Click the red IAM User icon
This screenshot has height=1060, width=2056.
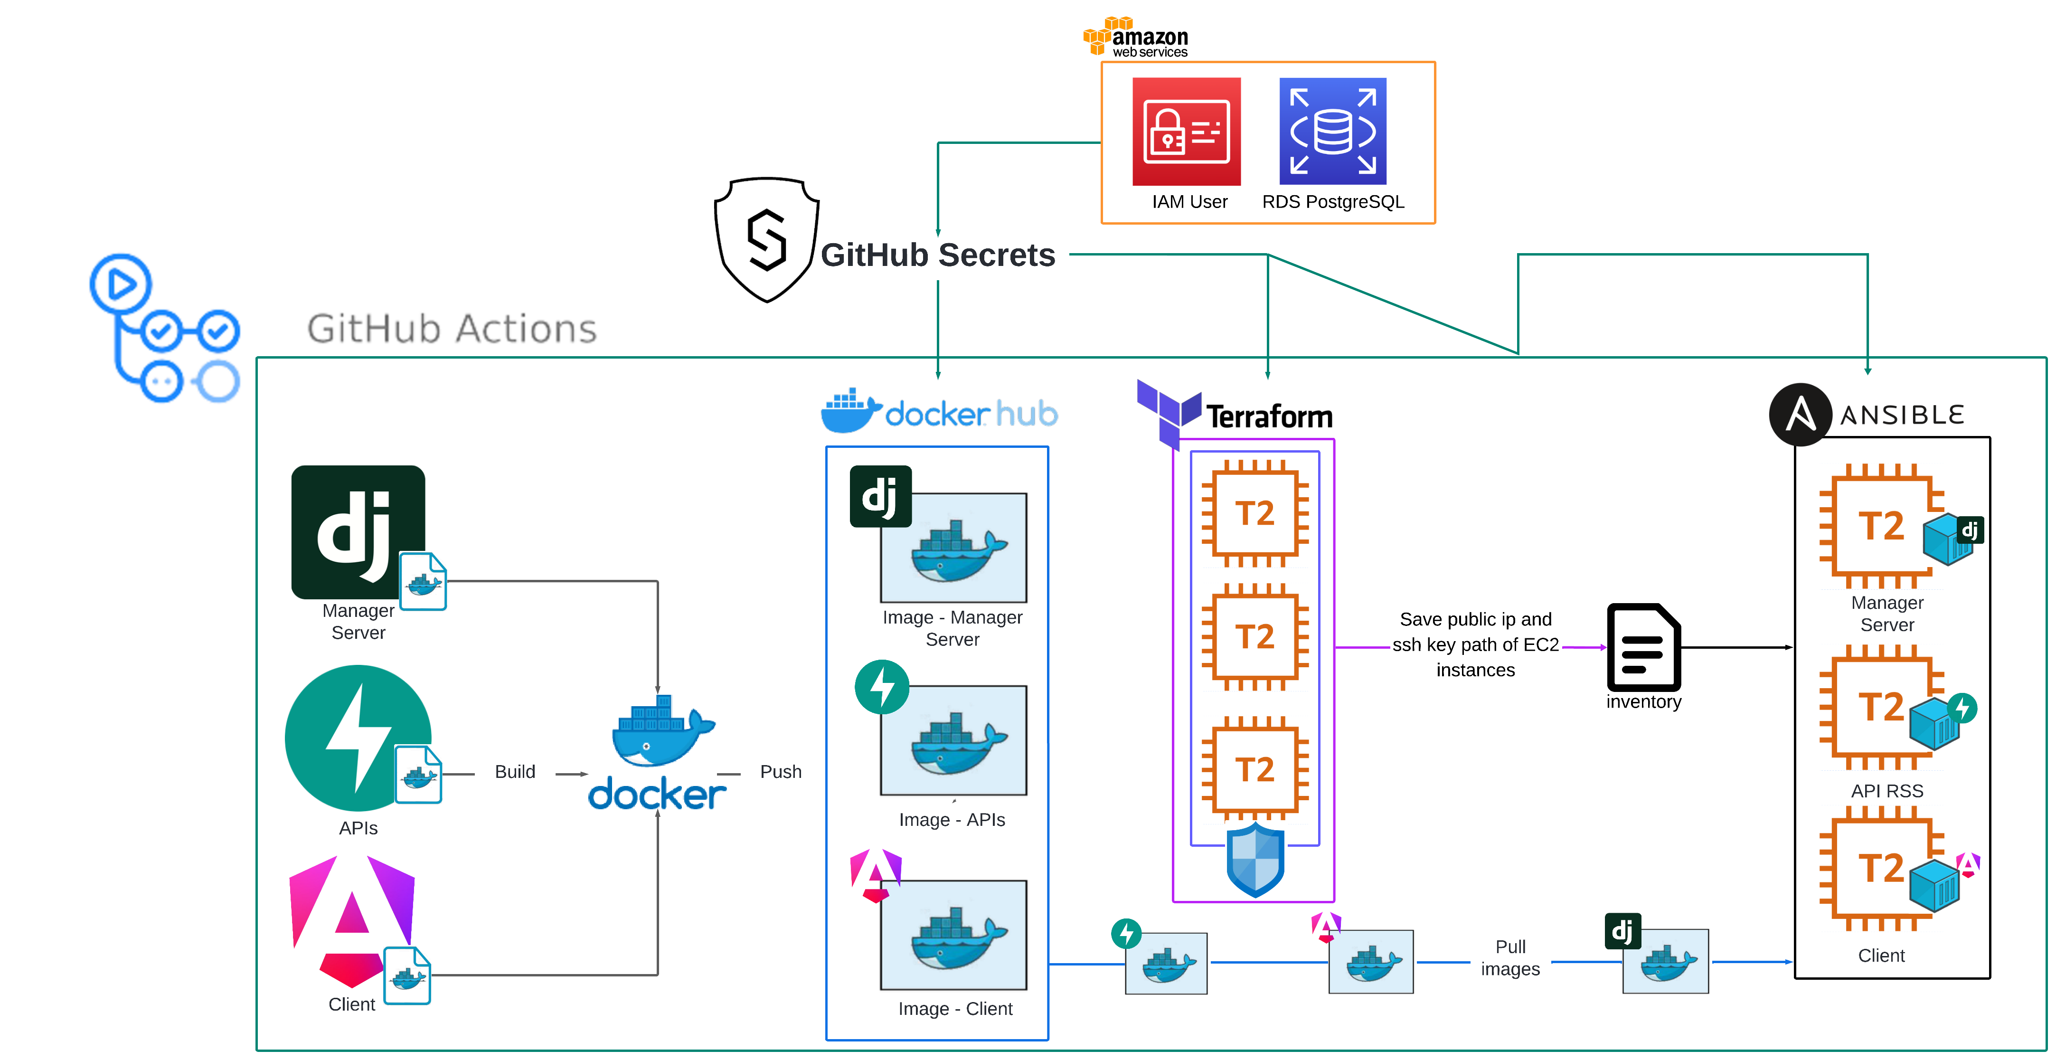(1186, 132)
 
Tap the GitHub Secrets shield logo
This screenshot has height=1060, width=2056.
(766, 239)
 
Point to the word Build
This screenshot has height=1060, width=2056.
(515, 772)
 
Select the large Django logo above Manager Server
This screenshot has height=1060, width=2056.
(358, 531)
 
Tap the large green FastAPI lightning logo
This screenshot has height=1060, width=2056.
(358, 738)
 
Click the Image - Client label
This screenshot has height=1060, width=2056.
(954, 1009)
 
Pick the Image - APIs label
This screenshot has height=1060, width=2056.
(952, 820)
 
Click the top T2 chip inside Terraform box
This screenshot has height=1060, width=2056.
(1254, 513)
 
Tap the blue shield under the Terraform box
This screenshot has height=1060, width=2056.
(1254, 861)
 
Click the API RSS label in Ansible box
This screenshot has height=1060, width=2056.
(1887, 791)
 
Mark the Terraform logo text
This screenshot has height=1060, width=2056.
(1269, 416)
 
